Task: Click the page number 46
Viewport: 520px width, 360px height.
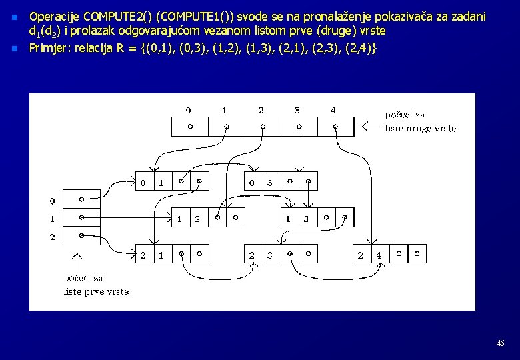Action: [x=500, y=343]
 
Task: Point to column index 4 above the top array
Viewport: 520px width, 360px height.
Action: [x=333, y=110]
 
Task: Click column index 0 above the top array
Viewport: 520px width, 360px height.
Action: [x=189, y=110]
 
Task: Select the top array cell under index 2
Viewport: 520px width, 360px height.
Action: [x=262, y=127]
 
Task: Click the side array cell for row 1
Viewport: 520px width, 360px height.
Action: [x=81, y=217]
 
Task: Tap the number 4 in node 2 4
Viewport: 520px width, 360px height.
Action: [x=379, y=254]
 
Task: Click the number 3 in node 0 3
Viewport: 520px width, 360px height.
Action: [x=270, y=182]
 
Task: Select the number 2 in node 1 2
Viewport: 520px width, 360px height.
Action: [x=197, y=218]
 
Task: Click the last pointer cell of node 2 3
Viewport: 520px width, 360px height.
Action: [x=309, y=254]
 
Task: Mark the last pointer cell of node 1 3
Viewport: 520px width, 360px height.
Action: [x=344, y=218]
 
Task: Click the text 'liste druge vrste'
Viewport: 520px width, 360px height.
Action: [x=421, y=128]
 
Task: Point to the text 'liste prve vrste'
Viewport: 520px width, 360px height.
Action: [x=96, y=291]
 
